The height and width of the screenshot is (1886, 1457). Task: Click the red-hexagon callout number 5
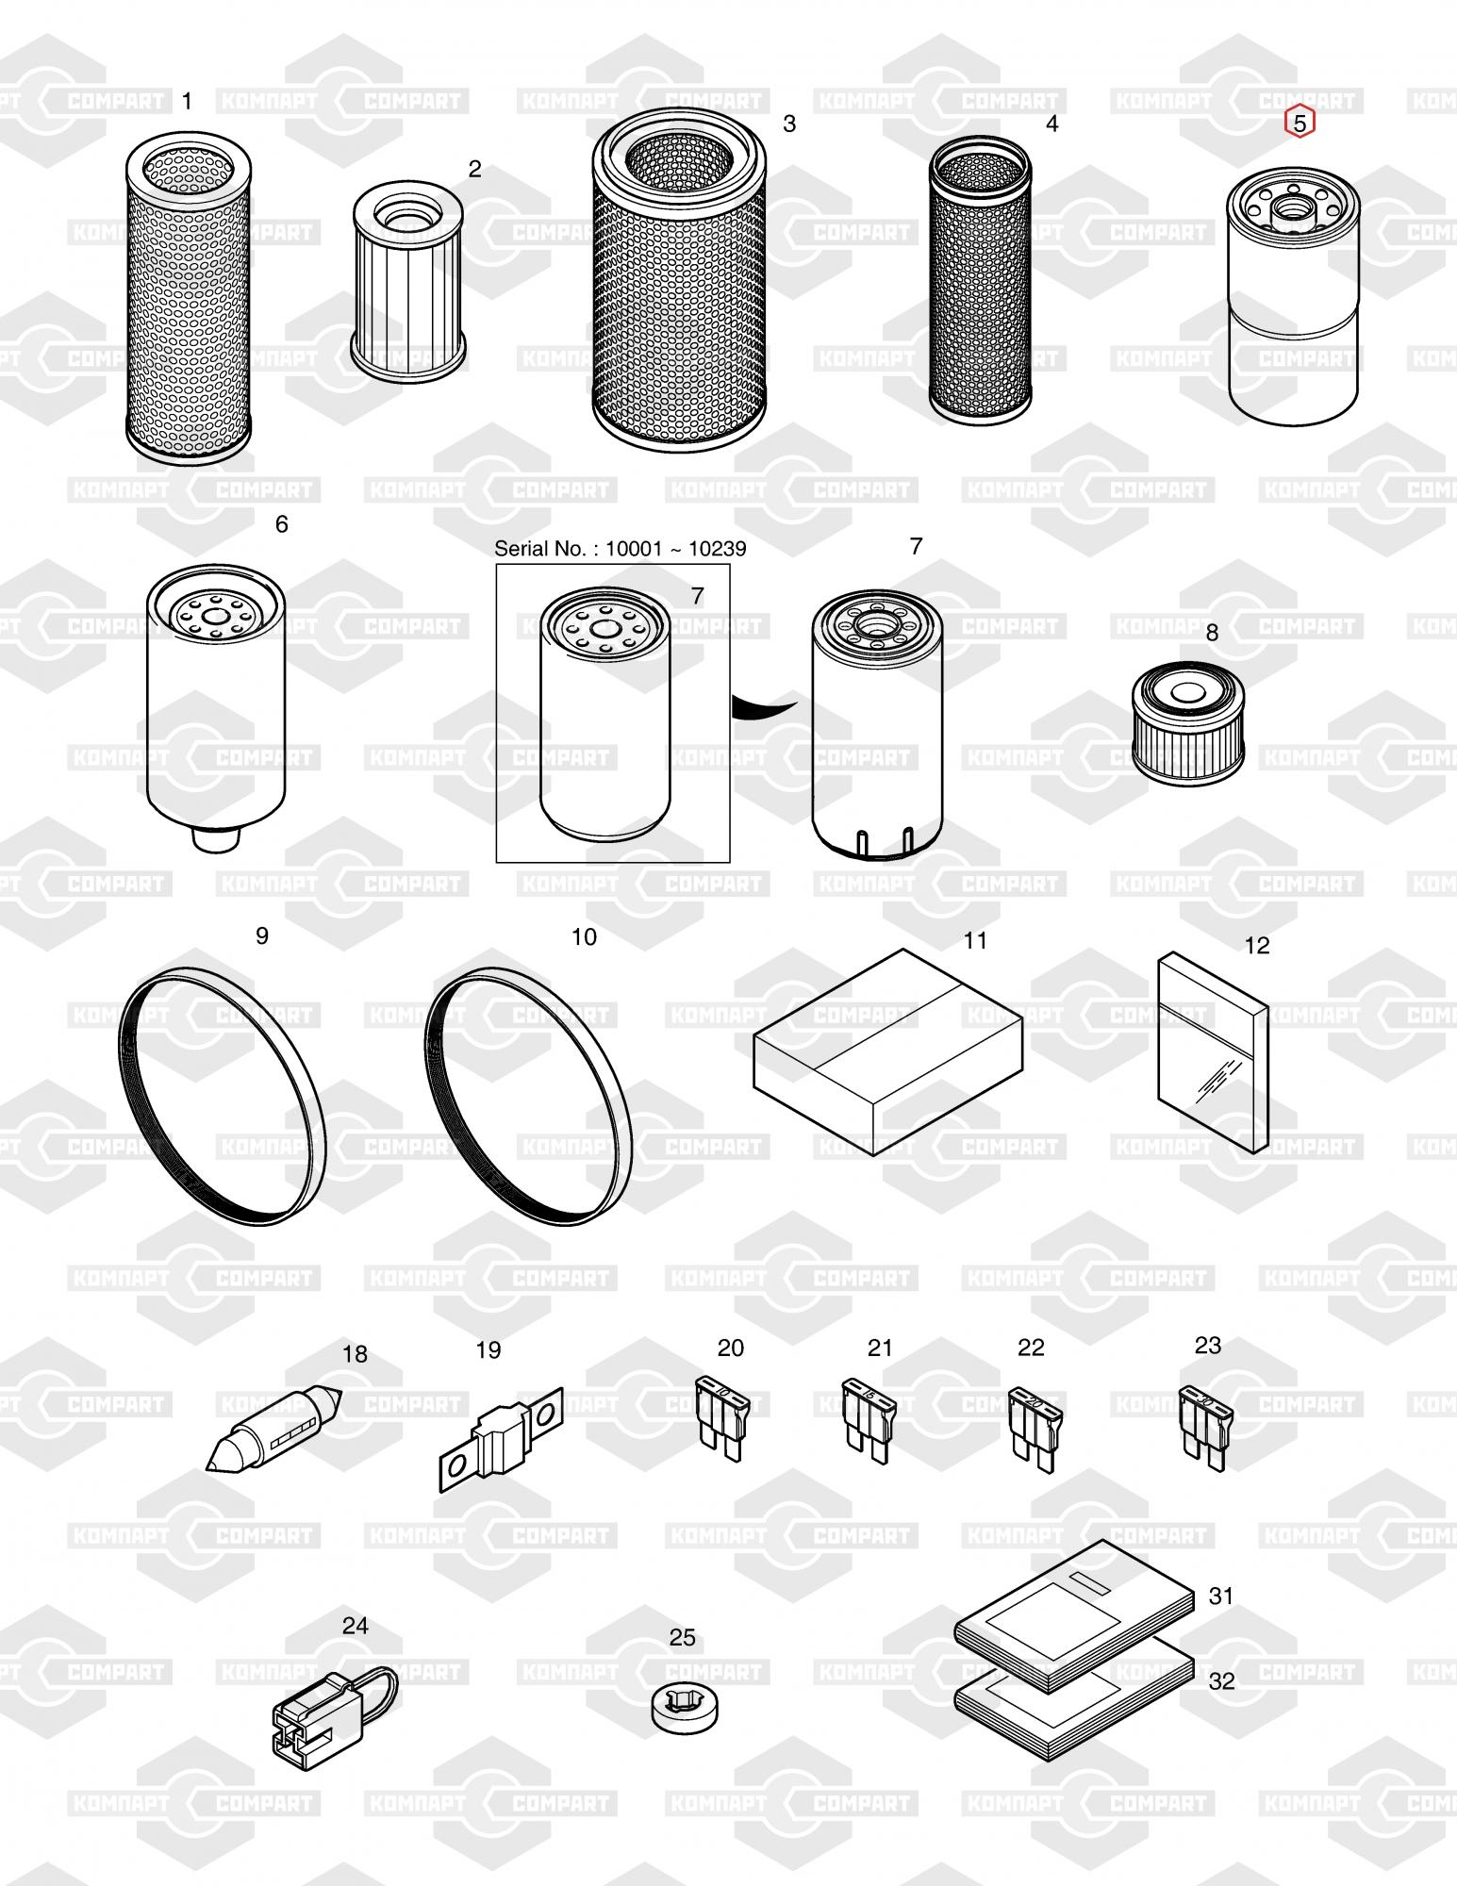click(x=1300, y=123)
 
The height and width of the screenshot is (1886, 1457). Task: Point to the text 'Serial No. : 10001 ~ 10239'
click(x=620, y=549)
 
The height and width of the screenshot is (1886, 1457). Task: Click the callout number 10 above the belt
click(x=584, y=936)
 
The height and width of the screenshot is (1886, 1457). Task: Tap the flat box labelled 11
click(x=887, y=1052)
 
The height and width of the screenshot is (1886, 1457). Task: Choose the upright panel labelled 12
click(x=1213, y=1052)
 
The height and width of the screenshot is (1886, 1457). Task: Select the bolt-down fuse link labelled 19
click(x=501, y=1440)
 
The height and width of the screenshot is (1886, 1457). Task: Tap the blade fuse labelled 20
click(x=719, y=1419)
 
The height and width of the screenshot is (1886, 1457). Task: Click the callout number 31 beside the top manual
click(x=1221, y=1596)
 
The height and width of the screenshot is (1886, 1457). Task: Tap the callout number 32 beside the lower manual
click(x=1221, y=1681)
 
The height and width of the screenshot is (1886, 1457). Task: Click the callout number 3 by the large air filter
click(x=789, y=124)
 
